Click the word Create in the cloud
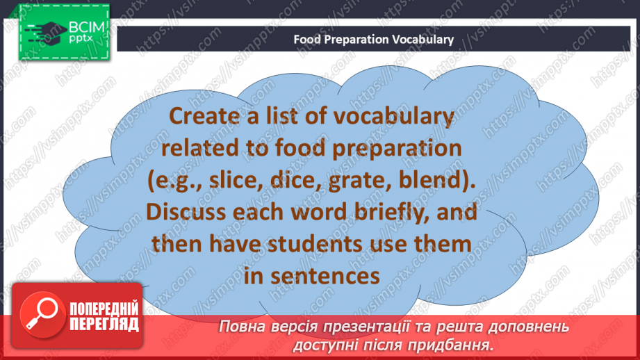pyautogui.click(x=204, y=116)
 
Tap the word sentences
pyautogui.click(x=325, y=277)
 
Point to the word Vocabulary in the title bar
pyautogui.click(x=423, y=40)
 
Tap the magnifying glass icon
pyautogui.click(x=42, y=315)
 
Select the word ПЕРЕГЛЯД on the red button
pyautogui.click(x=104, y=325)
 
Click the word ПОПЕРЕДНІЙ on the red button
pyautogui.click(x=104, y=309)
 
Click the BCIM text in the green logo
pyautogui.click(x=87, y=27)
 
